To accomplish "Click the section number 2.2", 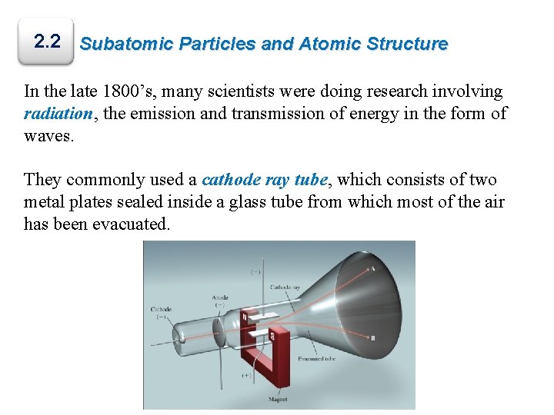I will pos(48,41).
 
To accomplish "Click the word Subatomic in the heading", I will pos(128,44).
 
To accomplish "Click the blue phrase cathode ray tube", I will pos(265,180).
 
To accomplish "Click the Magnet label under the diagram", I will pos(279,399).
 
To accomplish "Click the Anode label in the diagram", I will pos(219,298).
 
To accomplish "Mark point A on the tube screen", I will pos(372,270).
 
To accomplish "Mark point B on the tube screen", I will pos(372,337).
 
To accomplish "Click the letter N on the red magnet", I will pos(245,316).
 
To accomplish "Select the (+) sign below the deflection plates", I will pos(247,376).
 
